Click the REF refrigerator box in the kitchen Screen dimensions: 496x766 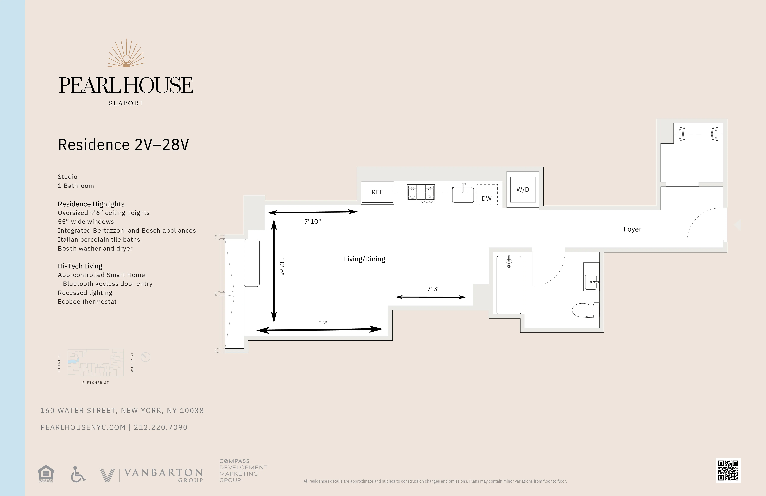tap(377, 193)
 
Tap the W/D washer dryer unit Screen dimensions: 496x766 tap(523, 189)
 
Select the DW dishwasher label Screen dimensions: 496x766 tap(486, 198)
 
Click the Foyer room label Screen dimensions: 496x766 tap(632, 229)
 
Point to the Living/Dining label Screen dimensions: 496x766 tap(364, 259)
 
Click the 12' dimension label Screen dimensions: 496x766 tap(323, 323)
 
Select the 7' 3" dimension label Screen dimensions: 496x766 tap(433, 289)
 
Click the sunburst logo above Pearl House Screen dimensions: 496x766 tap(126, 54)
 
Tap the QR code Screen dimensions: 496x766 tap(728, 470)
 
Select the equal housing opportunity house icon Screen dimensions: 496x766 tap(46, 473)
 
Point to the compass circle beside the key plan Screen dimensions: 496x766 tap(146, 357)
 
